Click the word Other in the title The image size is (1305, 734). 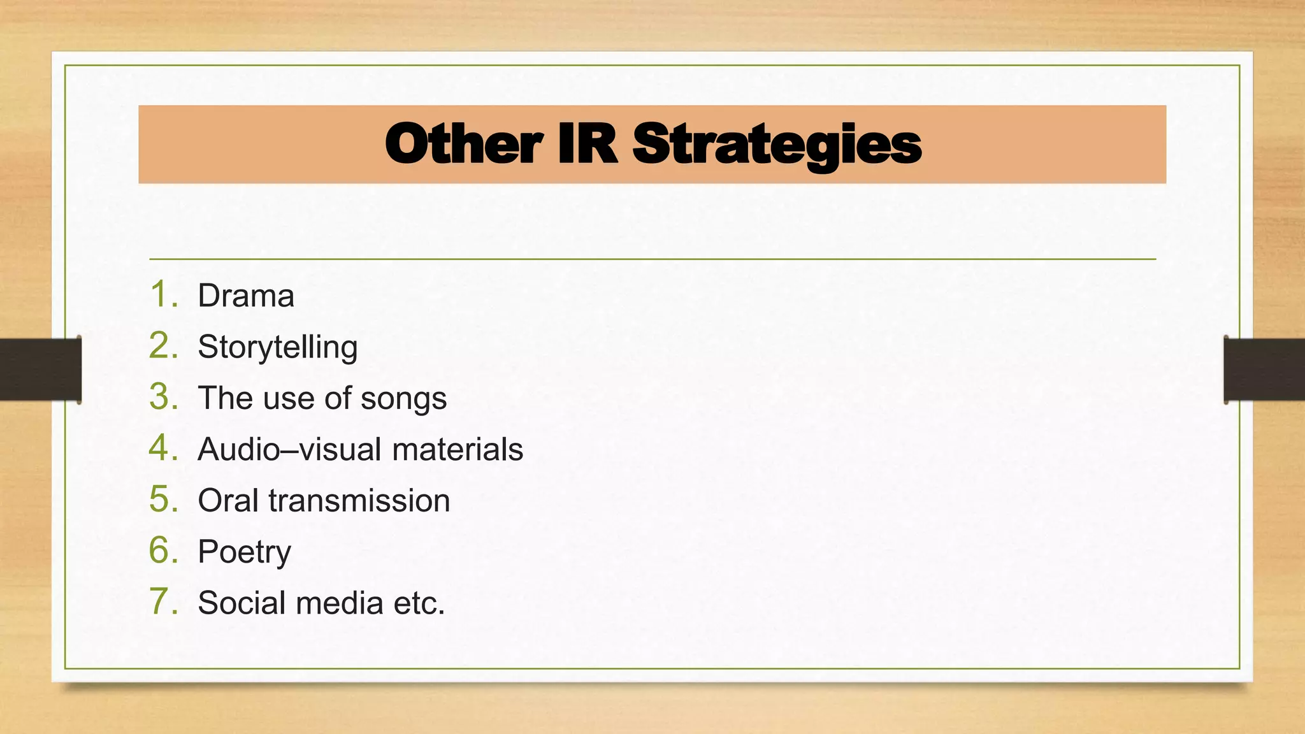click(x=463, y=145)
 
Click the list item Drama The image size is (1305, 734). click(x=246, y=296)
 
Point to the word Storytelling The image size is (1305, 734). click(x=278, y=348)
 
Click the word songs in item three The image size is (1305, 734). click(x=403, y=399)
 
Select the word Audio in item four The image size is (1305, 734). click(x=239, y=450)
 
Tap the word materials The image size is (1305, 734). click(x=458, y=450)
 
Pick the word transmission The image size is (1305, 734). click(x=359, y=501)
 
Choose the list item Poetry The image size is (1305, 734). click(x=244, y=552)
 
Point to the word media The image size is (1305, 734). click(x=340, y=603)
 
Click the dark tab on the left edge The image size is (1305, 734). click(x=40, y=370)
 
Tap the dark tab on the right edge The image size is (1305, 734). click(x=1264, y=370)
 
